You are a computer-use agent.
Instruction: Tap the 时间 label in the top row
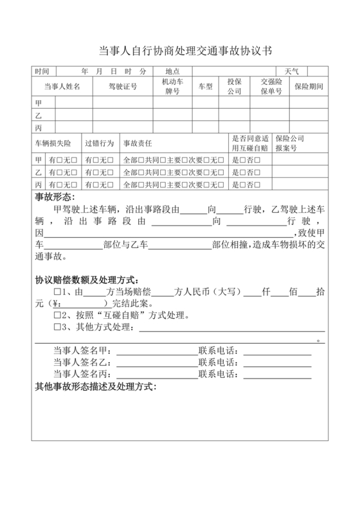click(42, 71)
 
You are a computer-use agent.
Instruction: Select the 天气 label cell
click(283, 71)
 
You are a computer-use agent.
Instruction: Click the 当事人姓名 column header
click(62, 86)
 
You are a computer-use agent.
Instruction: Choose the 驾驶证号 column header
click(122, 86)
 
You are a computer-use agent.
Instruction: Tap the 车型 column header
click(205, 86)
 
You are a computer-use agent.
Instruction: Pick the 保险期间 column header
click(309, 86)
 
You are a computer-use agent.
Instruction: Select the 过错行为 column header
click(99, 143)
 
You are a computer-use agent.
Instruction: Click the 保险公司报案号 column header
click(289, 143)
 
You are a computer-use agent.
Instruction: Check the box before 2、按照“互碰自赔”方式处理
click(57, 316)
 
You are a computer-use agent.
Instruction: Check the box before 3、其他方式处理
click(57, 328)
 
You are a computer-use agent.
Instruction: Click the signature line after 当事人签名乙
click(156, 363)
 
